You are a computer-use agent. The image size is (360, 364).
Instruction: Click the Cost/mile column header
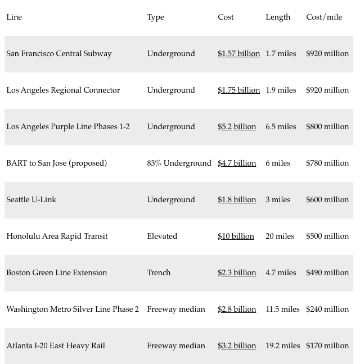(x=324, y=17)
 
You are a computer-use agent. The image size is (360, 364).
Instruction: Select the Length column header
(x=278, y=17)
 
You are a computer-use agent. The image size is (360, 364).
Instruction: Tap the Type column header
(x=155, y=17)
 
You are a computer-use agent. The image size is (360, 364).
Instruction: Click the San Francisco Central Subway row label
(x=59, y=53)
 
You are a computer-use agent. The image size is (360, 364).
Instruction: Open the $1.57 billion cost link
(x=238, y=53)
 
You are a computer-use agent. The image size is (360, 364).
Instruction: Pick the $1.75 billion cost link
(x=238, y=90)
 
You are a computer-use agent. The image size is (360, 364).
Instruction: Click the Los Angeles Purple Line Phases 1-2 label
(x=68, y=126)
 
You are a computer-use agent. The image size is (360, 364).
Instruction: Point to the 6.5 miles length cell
(x=281, y=126)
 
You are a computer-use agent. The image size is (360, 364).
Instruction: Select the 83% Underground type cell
(x=179, y=163)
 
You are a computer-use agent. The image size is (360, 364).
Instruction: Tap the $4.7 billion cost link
(x=237, y=163)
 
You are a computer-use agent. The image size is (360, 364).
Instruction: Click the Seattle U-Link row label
(x=31, y=199)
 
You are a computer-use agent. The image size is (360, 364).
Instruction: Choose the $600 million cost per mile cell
(x=327, y=199)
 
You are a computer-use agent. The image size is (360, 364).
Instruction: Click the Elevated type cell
(x=162, y=236)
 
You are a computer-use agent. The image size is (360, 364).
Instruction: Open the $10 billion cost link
(x=236, y=236)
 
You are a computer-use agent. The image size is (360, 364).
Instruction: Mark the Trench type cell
(x=159, y=272)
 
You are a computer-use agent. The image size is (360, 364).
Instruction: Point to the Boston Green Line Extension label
(x=57, y=272)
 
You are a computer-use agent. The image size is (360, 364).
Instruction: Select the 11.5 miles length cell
(x=282, y=309)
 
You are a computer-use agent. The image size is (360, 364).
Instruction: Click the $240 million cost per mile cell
(x=327, y=309)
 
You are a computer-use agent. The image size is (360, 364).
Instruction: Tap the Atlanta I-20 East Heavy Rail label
(x=56, y=345)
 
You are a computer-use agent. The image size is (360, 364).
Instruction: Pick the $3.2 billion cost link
(x=237, y=345)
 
